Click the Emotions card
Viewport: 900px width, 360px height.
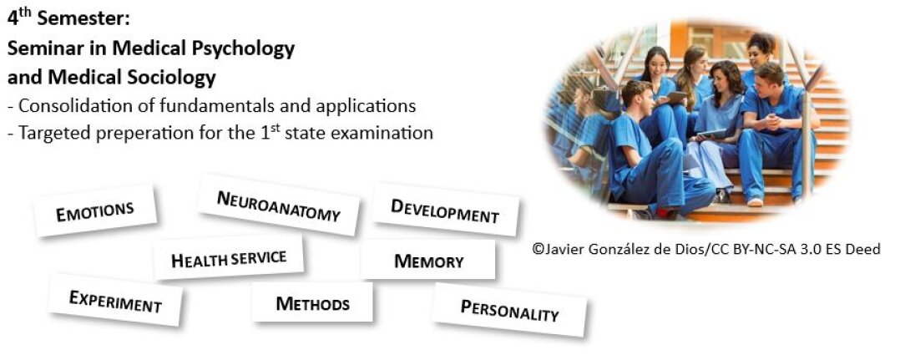click(x=94, y=210)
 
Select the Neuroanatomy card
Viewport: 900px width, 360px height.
click(x=278, y=205)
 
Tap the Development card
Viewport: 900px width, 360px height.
click(x=445, y=210)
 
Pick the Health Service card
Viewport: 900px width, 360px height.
click(x=229, y=258)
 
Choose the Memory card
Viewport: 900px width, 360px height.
click(x=428, y=261)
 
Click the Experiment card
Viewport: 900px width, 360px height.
click(x=115, y=301)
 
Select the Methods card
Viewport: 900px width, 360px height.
click(x=312, y=302)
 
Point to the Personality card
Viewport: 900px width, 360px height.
click(x=509, y=310)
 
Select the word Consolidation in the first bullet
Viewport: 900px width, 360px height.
click(x=73, y=105)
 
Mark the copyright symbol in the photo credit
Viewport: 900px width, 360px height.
click(x=538, y=249)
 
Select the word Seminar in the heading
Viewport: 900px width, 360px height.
click(x=47, y=49)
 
